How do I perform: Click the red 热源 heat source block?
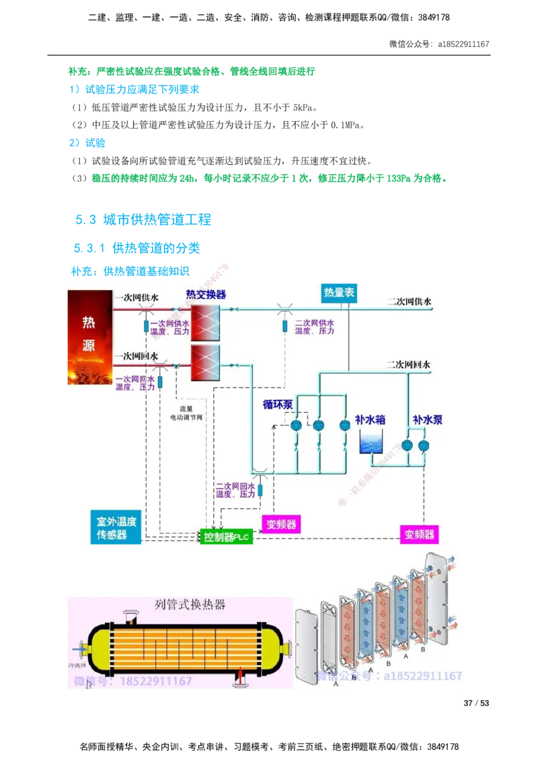[89, 337]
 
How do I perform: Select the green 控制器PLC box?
[226, 537]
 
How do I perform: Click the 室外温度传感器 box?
[116, 528]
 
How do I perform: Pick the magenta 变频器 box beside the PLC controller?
[281, 524]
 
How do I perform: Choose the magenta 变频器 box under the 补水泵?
[419, 535]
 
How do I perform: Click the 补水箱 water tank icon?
[371, 444]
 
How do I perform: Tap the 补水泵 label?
[427, 420]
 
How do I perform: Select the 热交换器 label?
[206, 295]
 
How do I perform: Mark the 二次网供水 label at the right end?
[408, 302]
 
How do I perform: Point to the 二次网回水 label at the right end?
[408, 364]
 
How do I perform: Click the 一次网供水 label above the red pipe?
[137, 297]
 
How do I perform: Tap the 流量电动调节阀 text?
[186, 413]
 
